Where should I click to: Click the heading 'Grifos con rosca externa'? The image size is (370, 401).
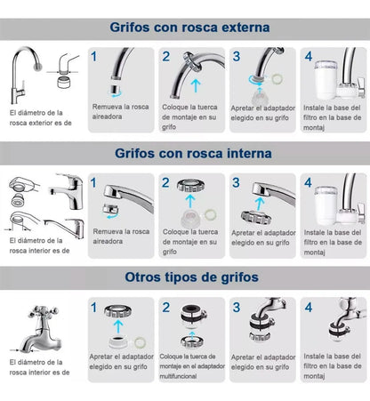coord(190,28)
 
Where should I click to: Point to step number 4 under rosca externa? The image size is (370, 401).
coord(309,57)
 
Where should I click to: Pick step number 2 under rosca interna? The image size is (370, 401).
coord(166,182)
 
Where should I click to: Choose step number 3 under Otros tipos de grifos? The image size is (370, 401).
coord(237,308)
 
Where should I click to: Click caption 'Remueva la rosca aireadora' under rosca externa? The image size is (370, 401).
coord(122,112)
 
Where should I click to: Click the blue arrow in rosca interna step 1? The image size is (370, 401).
coord(110,213)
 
